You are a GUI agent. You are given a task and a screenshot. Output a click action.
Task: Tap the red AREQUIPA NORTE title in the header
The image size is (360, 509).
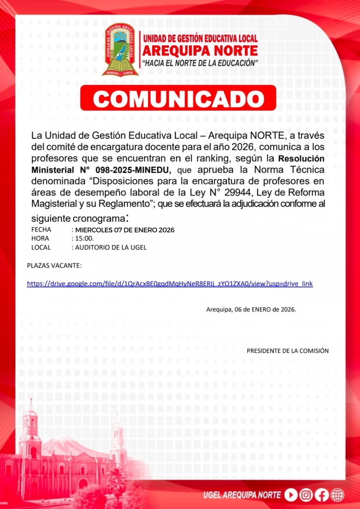pyautogui.click(x=200, y=51)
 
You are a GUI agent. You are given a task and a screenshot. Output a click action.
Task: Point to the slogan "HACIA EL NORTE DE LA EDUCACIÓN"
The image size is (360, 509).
pyautogui.click(x=200, y=63)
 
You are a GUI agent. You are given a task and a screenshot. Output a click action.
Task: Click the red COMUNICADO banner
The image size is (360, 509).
pyautogui.click(x=178, y=98)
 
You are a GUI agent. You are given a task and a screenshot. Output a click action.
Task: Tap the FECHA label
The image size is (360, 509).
pyautogui.click(x=41, y=230)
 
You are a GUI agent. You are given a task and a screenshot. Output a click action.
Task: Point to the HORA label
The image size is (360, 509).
pyautogui.click(x=40, y=239)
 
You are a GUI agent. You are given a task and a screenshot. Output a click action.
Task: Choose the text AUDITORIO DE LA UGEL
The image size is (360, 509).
pyautogui.click(x=110, y=247)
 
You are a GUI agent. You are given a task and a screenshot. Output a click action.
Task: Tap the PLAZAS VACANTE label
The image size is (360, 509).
pyautogui.click(x=54, y=265)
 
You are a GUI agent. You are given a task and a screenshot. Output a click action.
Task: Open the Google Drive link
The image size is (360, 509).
pyautogui.click(x=170, y=283)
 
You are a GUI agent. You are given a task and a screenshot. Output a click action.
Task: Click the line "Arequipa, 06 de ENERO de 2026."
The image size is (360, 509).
pyautogui.click(x=251, y=309)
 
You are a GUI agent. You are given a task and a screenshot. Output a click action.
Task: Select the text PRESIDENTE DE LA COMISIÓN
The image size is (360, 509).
pyautogui.click(x=287, y=350)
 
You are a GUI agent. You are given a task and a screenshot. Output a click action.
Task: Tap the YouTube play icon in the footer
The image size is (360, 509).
pyautogui.click(x=291, y=495)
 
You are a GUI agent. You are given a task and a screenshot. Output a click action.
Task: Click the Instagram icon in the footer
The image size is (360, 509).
pyautogui.click(x=306, y=495)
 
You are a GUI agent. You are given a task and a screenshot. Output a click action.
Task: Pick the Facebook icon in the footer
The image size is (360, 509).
pyautogui.click(x=322, y=495)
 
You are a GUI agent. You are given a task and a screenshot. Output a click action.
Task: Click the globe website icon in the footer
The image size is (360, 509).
pyautogui.click(x=337, y=495)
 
